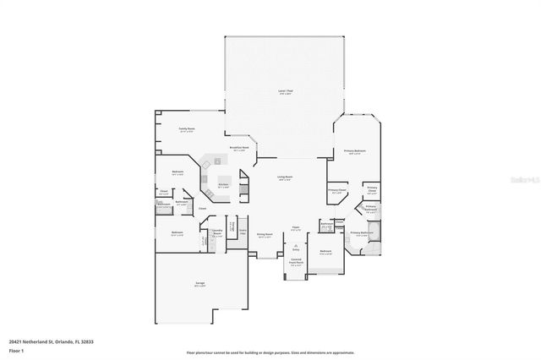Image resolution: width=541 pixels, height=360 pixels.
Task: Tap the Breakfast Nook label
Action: pos(239,148)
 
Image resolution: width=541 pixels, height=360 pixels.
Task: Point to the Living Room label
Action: pos(285,177)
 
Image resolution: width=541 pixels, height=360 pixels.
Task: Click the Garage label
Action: pos(200,284)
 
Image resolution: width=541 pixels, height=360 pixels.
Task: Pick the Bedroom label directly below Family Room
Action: pos(178,172)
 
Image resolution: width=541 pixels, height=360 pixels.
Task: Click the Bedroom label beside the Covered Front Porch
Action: pos(325,251)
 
